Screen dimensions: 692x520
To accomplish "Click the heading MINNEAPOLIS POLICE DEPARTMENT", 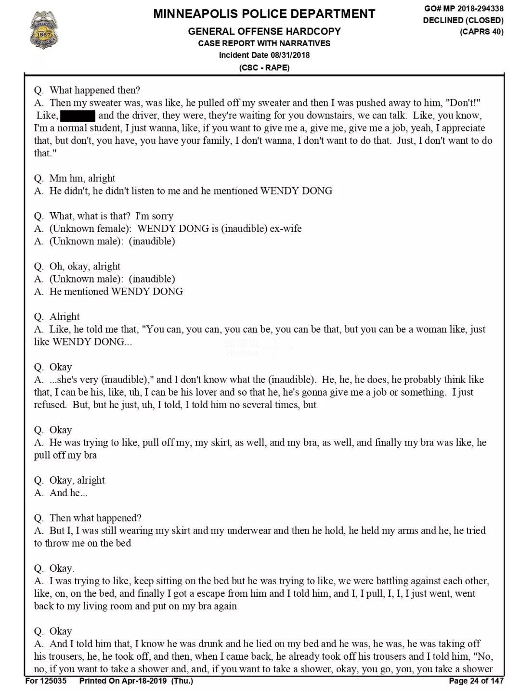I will click(264, 14).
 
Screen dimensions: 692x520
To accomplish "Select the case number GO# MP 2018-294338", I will click(464, 9).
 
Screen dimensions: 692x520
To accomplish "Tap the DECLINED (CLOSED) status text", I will click(463, 20).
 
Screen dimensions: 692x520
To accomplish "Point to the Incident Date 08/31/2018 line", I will click(264, 55).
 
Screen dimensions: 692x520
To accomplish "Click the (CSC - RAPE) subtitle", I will click(264, 67).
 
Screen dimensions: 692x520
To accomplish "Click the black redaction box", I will click(78, 115).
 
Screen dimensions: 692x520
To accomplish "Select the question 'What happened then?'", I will click(94, 90).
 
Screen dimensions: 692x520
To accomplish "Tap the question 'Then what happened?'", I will click(95, 518).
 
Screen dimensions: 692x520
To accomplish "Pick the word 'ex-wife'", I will click(286, 229).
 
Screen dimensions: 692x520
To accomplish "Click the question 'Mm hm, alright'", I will click(82, 179).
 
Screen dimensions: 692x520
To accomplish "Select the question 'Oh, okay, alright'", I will click(84, 267).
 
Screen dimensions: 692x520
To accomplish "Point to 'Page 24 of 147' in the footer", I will click(476, 681).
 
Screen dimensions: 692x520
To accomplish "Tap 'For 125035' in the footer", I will click(46, 681).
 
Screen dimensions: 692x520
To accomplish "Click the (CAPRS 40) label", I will click(481, 32).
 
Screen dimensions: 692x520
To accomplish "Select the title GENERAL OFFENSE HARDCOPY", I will click(264, 31).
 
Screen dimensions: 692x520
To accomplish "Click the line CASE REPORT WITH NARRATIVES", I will click(264, 43).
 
